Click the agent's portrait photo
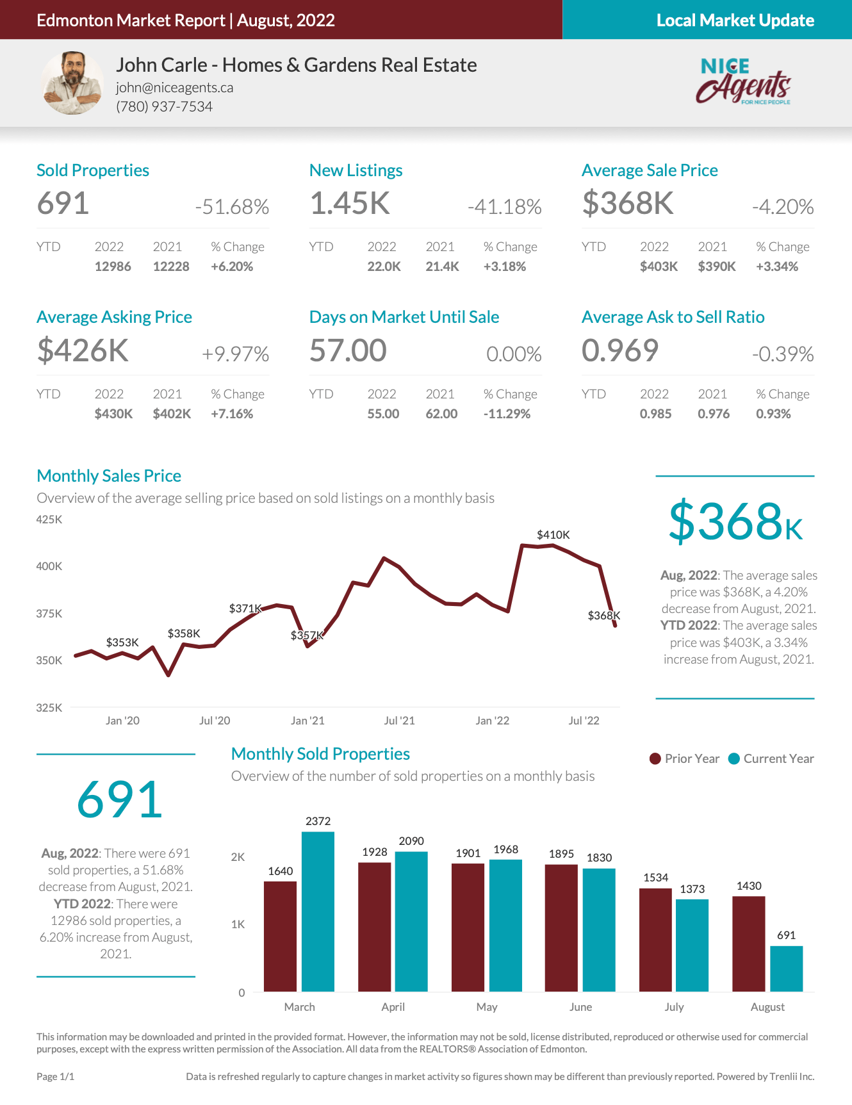pyautogui.click(x=72, y=83)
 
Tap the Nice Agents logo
pyautogui.click(x=743, y=81)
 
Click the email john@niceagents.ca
pyautogui.click(x=174, y=88)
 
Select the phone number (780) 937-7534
pyautogui.click(x=164, y=106)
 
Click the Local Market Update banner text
pyautogui.click(x=735, y=20)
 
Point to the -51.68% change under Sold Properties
pyautogui.click(x=232, y=207)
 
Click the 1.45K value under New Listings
pyautogui.click(x=350, y=204)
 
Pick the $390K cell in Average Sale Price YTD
pyautogui.click(x=716, y=266)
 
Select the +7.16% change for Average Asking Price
pyautogui.click(x=232, y=414)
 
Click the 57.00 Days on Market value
pyautogui.click(x=348, y=351)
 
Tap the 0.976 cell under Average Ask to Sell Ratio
pyautogui.click(x=714, y=414)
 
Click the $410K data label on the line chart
pyautogui.click(x=553, y=535)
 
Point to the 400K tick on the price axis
pyautogui.click(x=49, y=566)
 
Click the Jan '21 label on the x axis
pyautogui.click(x=307, y=721)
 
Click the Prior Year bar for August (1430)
pyautogui.click(x=748, y=944)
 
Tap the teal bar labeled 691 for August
pyautogui.click(x=786, y=969)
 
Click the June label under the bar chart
pyautogui.click(x=580, y=1007)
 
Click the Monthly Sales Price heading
pyautogui.click(x=109, y=476)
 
